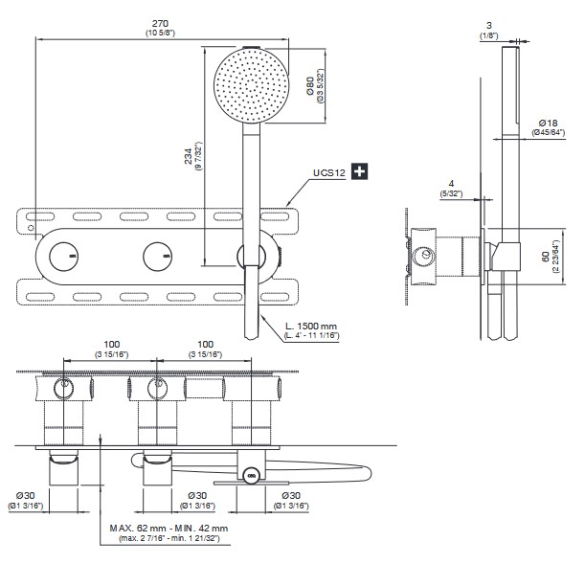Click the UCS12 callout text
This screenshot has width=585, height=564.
tap(328, 173)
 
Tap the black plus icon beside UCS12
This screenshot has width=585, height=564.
tap(360, 172)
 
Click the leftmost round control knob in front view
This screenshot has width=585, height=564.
tap(63, 256)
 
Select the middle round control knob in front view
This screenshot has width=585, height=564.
tap(157, 256)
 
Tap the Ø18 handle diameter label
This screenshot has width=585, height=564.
tap(549, 122)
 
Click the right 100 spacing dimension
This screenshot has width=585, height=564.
tap(204, 344)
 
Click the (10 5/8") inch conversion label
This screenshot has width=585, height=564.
tap(160, 33)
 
